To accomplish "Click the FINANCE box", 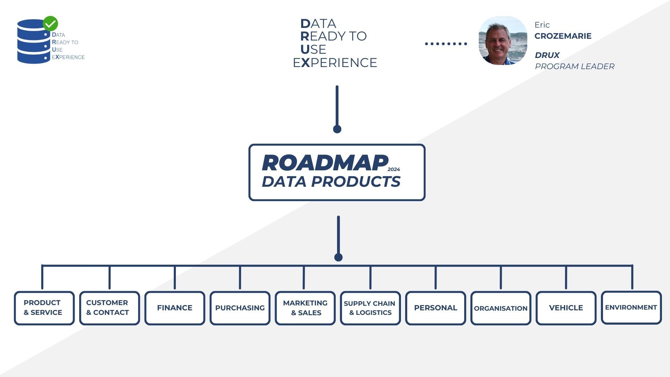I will (174, 308).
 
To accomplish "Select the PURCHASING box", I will (240, 308).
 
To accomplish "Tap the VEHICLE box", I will (566, 308).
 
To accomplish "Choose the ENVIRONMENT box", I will (631, 308).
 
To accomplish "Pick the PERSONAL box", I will (435, 308).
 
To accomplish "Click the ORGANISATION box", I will (500, 308).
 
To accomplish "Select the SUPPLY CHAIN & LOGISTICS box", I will (370, 308).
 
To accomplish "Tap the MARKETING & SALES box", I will (305, 308).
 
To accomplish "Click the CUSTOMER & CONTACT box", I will (109, 308).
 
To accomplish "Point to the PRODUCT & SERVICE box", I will (44, 308).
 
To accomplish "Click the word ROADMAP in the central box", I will (325, 163).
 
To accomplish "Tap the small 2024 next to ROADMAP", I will (394, 169).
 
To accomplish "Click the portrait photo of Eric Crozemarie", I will (502, 40).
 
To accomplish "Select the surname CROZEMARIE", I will (563, 36).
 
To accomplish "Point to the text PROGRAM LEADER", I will (574, 66).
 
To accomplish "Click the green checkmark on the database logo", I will (50, 23).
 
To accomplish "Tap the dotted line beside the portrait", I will (446, 44).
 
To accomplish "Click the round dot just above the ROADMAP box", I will (337, 129).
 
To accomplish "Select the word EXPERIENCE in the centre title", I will (335, 63).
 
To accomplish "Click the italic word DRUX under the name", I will (547, 55).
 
